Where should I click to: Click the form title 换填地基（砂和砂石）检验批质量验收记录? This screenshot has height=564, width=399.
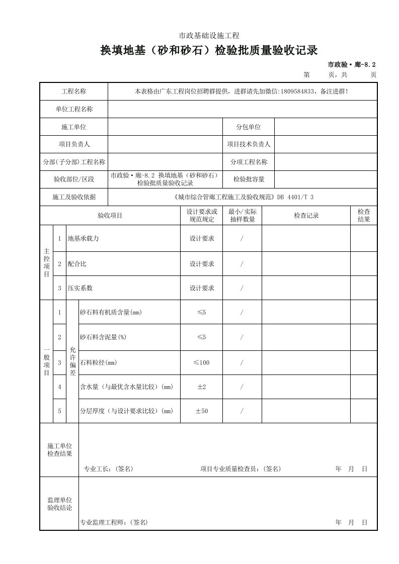pos(209,50)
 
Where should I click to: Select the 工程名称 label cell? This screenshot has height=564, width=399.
pos(74,91)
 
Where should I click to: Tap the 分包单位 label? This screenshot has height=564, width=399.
pos(249,127)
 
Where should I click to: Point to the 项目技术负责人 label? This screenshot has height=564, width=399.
pos(249,144)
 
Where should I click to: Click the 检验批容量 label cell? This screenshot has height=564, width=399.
pos(249,179)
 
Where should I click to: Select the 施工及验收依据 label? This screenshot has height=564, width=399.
pos(74,197)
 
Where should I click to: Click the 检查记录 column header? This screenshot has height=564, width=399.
pos(306,216)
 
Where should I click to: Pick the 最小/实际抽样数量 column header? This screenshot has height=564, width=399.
pos(242,216)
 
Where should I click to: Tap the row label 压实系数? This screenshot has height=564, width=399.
pos(80,288)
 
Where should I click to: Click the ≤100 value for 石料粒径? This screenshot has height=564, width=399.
pos(201,362)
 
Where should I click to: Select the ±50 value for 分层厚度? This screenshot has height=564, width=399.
pos(201,411)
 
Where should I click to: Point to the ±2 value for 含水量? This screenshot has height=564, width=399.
pos(201,387)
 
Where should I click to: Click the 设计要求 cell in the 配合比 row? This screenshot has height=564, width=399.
pos(201,263)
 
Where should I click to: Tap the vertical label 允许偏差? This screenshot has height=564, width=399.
pos(72,362)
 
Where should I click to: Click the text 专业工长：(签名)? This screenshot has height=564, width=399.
pos(108,468)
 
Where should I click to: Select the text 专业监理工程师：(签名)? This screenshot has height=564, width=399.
pos(114,522)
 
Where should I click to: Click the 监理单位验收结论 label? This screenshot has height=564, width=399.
pos(59,504)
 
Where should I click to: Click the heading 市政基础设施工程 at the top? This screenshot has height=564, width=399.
pos(209,35)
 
